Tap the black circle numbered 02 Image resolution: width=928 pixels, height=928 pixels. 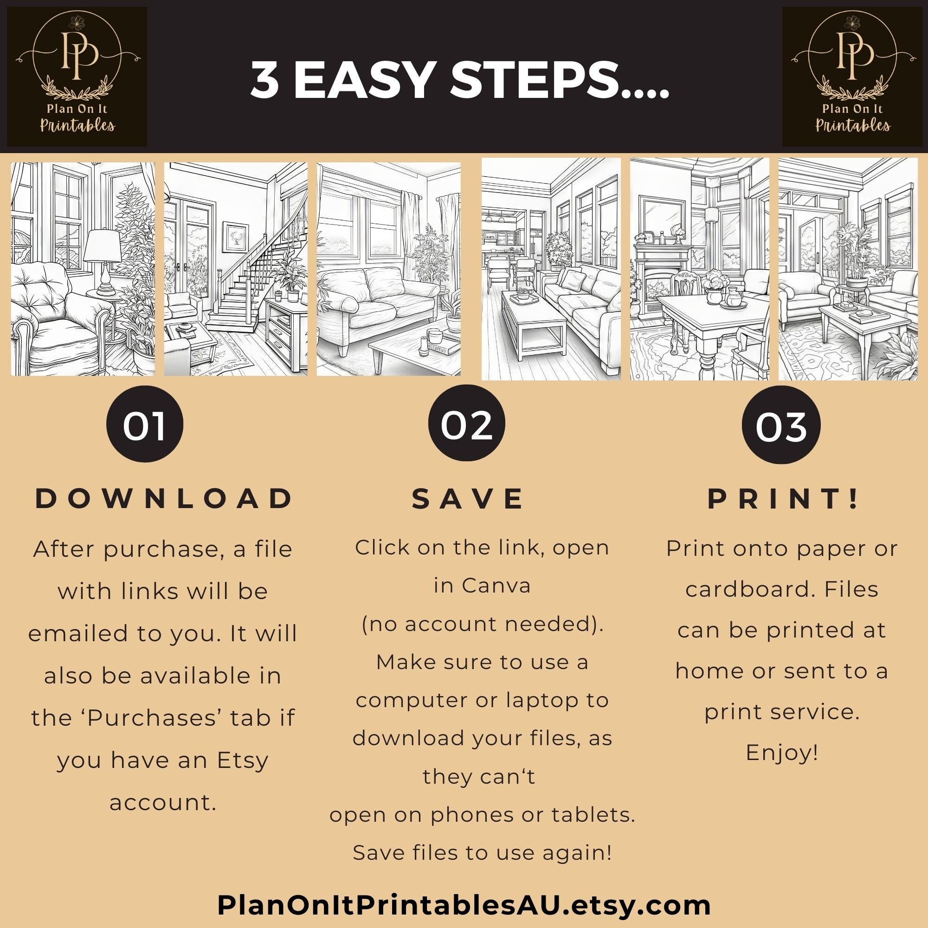466,425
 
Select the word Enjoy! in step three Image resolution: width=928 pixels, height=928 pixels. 781,753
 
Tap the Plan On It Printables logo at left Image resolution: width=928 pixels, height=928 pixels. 77,77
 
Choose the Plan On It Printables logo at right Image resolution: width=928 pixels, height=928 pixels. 852,77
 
